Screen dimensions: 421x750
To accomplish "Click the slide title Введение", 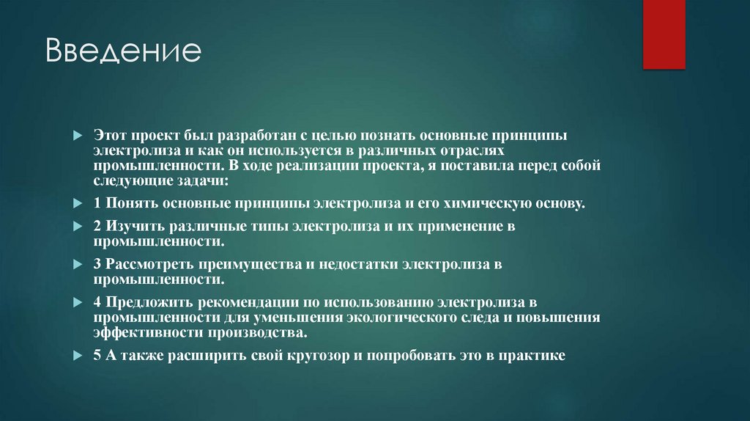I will click(122, 53).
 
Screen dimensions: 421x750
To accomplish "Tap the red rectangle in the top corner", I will click(664, 34).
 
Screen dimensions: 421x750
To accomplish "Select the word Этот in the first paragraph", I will click(109, 136).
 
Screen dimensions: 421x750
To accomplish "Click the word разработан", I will click(242, 136).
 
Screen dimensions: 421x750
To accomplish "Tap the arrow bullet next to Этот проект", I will click(78, 137).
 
